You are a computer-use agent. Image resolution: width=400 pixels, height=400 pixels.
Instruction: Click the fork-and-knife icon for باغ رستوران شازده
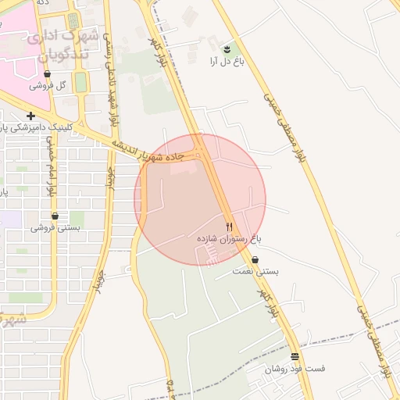click(x=229, y=226)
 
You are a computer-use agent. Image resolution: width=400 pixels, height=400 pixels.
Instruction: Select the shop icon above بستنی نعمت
click(x=255, y=260)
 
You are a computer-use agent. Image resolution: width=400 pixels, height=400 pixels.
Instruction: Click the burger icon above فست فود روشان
click(x=295, y=356)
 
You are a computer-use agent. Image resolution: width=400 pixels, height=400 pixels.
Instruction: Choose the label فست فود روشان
click(x=294, y=368)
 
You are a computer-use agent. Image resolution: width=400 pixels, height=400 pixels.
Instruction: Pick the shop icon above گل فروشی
click(x=48, y=74)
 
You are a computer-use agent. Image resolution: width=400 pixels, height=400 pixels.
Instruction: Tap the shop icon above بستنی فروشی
click(x=55, y=216)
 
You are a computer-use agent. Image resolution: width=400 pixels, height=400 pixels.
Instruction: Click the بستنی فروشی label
click(x=54, y=227)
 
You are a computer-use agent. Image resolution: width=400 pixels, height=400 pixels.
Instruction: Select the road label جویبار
click(x=99, y=282)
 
